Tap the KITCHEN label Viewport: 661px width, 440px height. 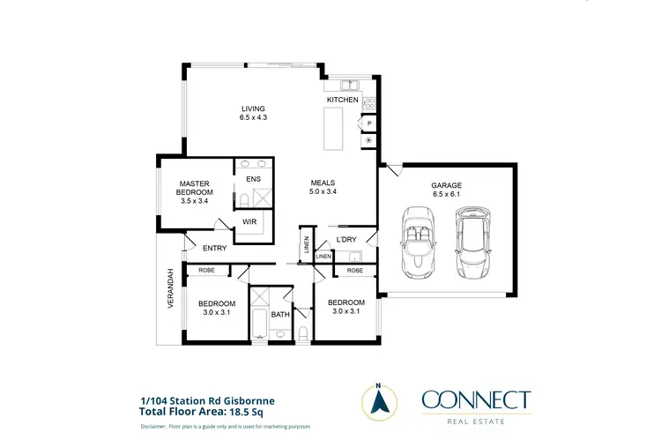click(343, 101)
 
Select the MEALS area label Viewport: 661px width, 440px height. click(323, 186)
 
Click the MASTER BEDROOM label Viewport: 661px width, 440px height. click(194, 188)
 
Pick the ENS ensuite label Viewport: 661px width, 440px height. click(253, 180)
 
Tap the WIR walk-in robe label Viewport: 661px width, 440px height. click(249, 222)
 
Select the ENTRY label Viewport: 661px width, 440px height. click(214, 249)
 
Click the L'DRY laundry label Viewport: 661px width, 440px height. click(346, 240)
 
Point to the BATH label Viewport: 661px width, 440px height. click(280, 314)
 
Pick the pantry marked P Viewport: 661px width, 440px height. click(368, 124)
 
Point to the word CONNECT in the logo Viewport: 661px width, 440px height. click(476, 399)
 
